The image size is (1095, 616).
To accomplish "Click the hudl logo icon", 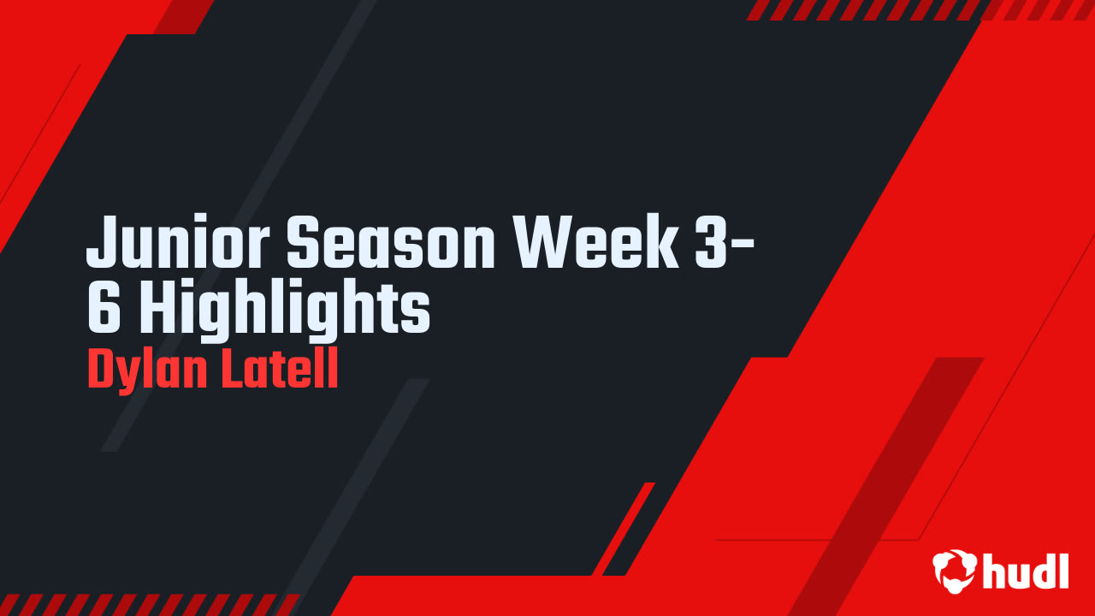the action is (x=953, y=569).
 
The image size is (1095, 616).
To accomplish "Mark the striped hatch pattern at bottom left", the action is (x=145, y=604).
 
